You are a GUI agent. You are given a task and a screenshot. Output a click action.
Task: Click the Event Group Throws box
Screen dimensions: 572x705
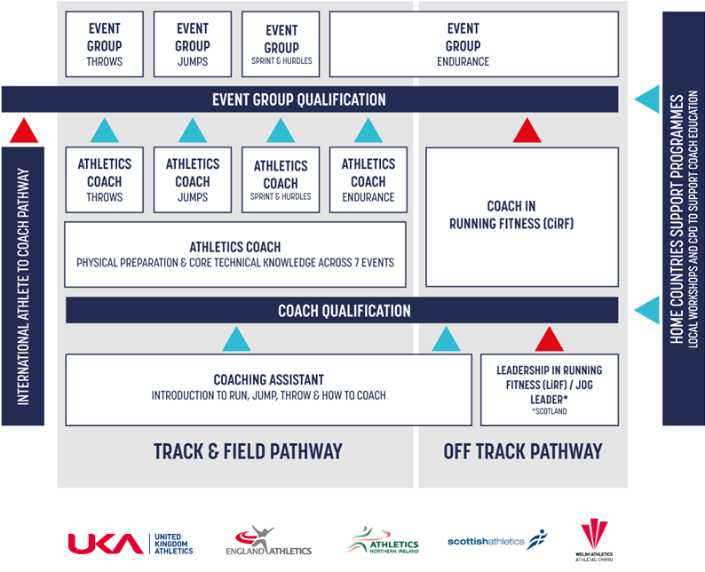point(104,44)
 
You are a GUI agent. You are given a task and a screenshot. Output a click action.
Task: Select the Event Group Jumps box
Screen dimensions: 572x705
point(192,44)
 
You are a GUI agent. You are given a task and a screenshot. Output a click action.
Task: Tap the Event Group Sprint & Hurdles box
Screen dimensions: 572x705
point(281,44)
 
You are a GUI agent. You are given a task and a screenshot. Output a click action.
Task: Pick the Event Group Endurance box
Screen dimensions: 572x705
point(473,44)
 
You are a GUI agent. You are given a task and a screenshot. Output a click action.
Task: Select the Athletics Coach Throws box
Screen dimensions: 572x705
point(104,180)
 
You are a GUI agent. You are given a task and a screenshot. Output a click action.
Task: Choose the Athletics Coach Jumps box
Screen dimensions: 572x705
point(192,180)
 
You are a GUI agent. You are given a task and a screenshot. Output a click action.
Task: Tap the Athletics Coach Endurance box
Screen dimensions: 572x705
point(368,180)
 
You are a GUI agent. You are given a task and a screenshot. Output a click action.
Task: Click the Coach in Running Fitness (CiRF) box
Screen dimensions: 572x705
point(522,217)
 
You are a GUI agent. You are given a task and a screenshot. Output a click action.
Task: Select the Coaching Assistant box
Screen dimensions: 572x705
point(268,389)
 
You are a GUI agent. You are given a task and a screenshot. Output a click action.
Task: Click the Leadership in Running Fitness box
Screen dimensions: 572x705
point(549,389)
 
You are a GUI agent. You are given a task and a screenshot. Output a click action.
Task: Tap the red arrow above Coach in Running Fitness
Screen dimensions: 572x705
point(527,132)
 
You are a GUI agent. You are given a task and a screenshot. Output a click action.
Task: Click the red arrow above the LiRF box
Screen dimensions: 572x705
point(549,338)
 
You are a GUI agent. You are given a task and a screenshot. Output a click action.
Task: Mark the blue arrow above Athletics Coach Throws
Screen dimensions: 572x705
point(105,131)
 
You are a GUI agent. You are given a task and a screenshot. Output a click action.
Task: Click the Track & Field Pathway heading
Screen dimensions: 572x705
point(247,451)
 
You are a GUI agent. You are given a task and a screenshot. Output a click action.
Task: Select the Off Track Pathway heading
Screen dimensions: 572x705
point(522,451)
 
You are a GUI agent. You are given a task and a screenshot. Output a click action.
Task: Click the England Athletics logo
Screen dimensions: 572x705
point(273,542)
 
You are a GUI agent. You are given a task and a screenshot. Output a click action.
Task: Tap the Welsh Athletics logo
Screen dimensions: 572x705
point(594,540)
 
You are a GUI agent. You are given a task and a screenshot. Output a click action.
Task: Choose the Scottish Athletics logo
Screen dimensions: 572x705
point(497,540)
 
